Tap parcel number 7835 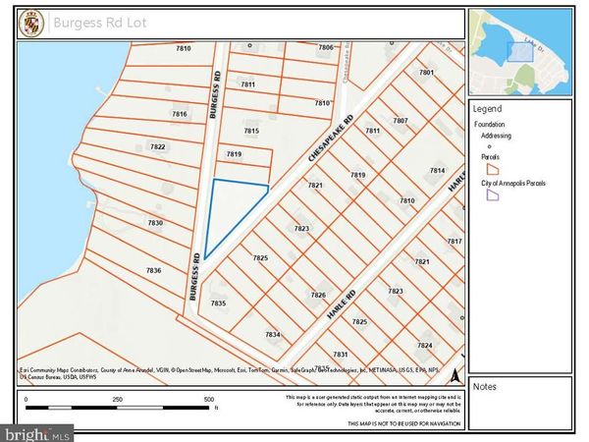(218, 304)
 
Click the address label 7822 (157, 146)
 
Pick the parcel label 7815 (251, 131)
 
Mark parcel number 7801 (426, 73)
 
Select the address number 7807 (401, 121)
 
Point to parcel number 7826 (318, 295)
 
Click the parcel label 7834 (273, 335)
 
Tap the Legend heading (487, 109)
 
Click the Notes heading (485, 387)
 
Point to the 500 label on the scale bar (209, 400)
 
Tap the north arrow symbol (454, 374)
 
